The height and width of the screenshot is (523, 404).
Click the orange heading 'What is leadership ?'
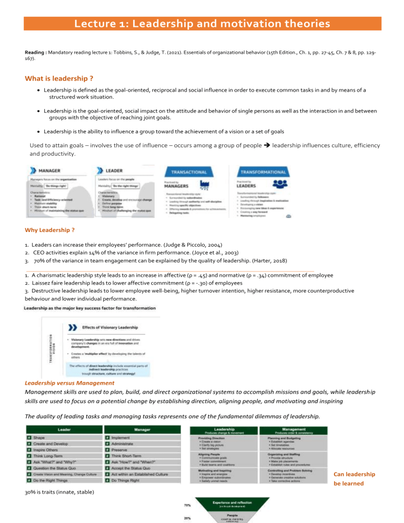click(x=59, y=79)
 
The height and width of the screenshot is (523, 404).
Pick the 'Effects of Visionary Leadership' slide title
click(x=111, y=327)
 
